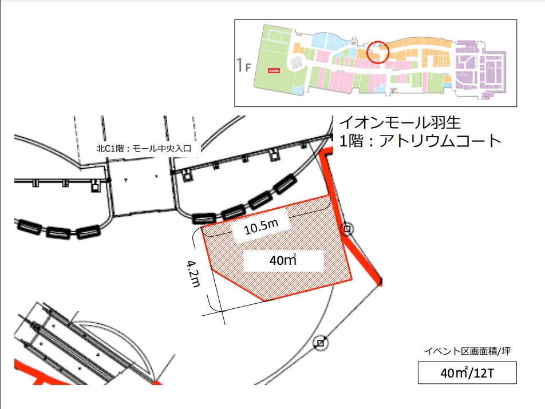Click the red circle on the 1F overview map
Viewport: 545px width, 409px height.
click(x=378, y=51)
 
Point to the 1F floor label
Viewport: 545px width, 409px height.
click(x=244, y=65)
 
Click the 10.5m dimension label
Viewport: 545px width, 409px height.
click(x=261, y=227)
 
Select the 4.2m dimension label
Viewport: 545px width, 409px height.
click(x=193, y=275)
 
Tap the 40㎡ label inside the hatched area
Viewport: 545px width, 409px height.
click(x=283, y=261)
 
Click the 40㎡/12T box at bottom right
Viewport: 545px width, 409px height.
click(x=467, y=373)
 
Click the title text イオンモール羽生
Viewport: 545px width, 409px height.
click(x=400, y=122)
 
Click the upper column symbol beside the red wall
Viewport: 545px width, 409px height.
click(x=347, y=230)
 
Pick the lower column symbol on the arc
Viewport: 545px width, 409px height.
click(x=321, y=343)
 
